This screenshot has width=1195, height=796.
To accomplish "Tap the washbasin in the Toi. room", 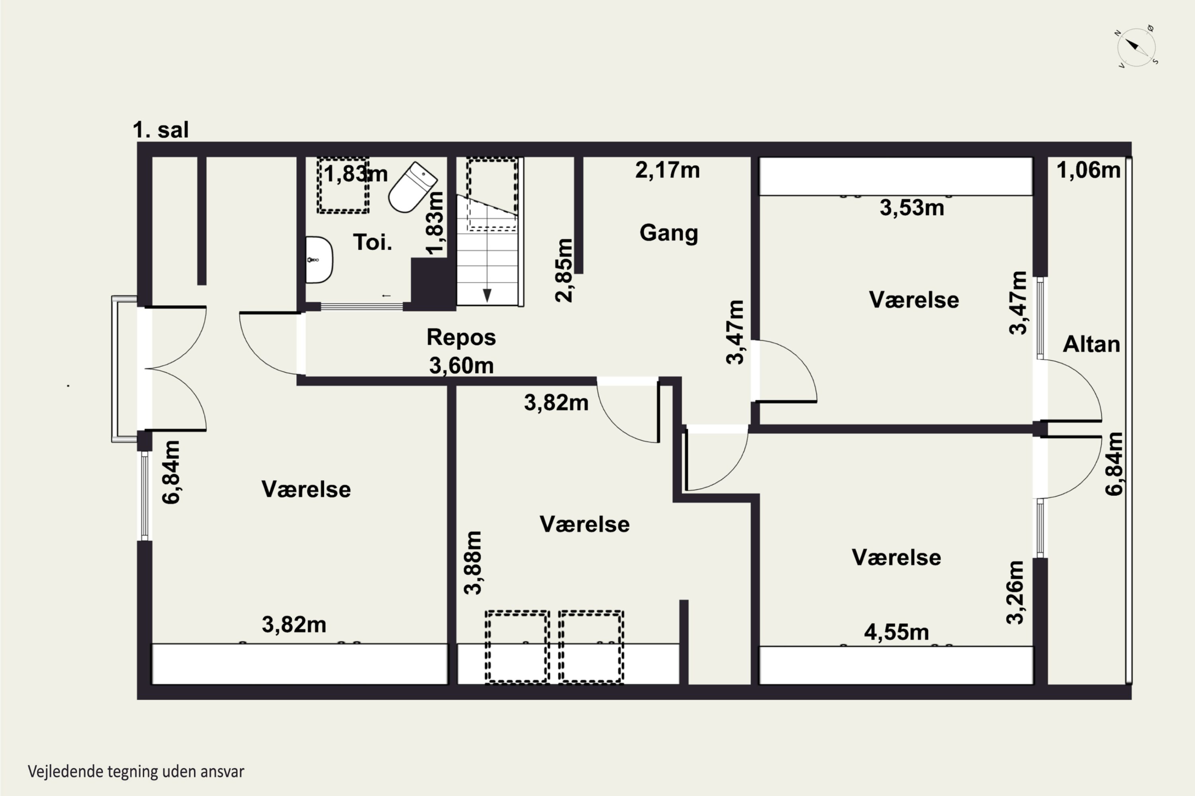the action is (x=319, y=259).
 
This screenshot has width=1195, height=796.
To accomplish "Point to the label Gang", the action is (x=669, y=233).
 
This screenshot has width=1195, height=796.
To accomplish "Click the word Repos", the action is (x=461, y=338).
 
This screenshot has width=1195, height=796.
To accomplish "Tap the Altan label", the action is (x=1091, y=344).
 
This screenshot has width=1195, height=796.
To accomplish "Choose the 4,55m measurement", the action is (x=896, y=632).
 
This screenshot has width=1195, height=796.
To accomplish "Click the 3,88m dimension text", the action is (x=472, y=562).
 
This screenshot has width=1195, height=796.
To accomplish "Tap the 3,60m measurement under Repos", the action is (x=461, y=365).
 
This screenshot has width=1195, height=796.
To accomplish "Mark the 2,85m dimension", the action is (x=564, y=271).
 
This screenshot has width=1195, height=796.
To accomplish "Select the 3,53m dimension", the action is (x=912, y=208).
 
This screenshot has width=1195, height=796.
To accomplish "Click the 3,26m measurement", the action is (x=1015, y=592).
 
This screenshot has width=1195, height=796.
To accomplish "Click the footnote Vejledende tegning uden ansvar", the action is (x=136, y=772).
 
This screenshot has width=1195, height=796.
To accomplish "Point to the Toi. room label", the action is (x=372, y=242).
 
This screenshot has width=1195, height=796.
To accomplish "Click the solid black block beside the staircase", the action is (x=433, y=284).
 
